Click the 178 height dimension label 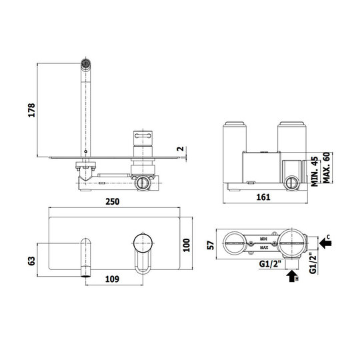pos(31,110)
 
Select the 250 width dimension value pos(113,201)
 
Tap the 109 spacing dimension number pos(112,279)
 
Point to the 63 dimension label pos(31,261)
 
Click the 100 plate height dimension pos(187,245)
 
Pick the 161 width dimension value pos(263,197)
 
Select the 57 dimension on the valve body pos(211,245)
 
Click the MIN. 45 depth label pos(315,171)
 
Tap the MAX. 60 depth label pos(327,168)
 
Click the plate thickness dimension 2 pos(181,149)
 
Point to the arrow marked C pos(325,243)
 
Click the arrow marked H pos(292,276)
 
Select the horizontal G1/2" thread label pos(270,264)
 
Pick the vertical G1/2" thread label pos(313,263)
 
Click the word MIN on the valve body pos(263,239)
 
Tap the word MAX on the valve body pos(264,247)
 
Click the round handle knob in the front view pos(143,243)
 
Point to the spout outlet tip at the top pos(85,63)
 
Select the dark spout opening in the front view pos(86,275)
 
